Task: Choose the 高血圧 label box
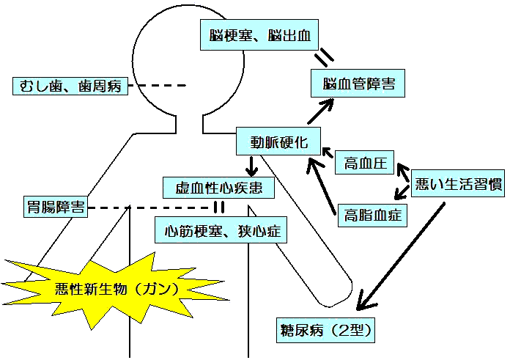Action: pos(365,164)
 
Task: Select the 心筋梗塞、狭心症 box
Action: pos(220,231)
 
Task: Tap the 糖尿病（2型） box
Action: pos(326,329)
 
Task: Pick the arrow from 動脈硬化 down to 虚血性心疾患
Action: pos(252,164)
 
